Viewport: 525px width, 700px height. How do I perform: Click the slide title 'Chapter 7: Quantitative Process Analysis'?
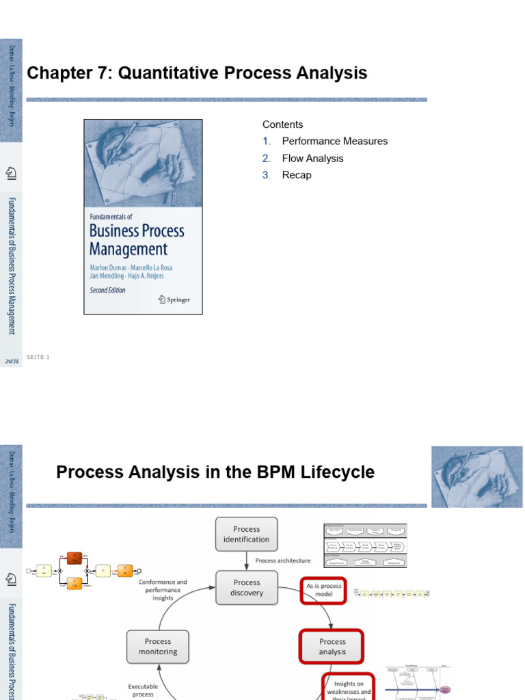click(x=197, y=74)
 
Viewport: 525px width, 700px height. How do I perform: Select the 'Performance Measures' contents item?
click(x=334, y=141)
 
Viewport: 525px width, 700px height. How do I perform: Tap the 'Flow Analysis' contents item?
click(x=312, y=158)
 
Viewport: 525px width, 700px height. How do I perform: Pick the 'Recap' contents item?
click(x=296, y=175)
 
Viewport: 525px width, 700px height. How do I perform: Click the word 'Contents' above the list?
click(x=282, y=124)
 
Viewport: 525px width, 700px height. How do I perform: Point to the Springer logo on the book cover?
click(x=174, y=299)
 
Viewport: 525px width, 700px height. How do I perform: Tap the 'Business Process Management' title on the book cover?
click(x=137, y=239)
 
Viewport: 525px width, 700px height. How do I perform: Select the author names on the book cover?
click(x=131, y=271)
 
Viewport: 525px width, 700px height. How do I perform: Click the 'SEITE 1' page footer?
click(x=38, y=357)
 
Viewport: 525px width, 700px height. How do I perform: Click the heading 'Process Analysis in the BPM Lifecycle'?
click(x=215, y=472)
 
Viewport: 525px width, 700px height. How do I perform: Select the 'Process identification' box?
click(x=247, y=534)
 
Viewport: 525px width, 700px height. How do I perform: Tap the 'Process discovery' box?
click(x=247, y=588)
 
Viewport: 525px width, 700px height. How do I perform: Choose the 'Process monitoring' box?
click(x=158, y=647)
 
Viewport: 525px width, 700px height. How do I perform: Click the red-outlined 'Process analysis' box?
click(x=332, y=647)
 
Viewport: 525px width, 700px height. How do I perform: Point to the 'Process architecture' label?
click(x=283, y=561)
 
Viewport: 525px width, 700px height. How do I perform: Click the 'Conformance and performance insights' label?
click(x=163, y=590)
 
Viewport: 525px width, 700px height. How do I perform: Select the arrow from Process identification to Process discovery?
click(x=247, y=561)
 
